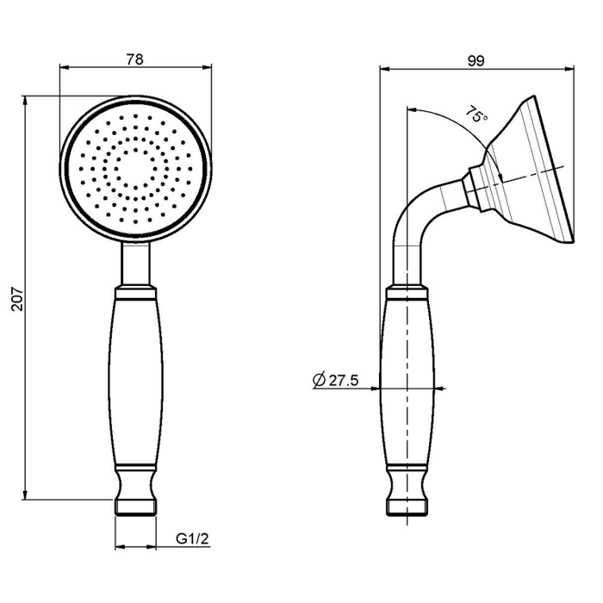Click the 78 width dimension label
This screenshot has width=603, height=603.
click(134, 59)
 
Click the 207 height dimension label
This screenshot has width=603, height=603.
click(17, 298)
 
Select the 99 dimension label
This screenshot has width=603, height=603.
click(476, 61)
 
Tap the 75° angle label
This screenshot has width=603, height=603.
click(477, 115)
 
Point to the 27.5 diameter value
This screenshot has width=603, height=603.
click(344, 381)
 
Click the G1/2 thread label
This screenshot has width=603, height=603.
click(192, 538)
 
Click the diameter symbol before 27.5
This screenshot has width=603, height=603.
click(320, 380)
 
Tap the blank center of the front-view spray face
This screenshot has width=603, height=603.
click(135, 168)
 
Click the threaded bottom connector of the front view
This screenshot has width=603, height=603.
click(136, 507)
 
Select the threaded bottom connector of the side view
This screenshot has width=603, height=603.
click(407, 507)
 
